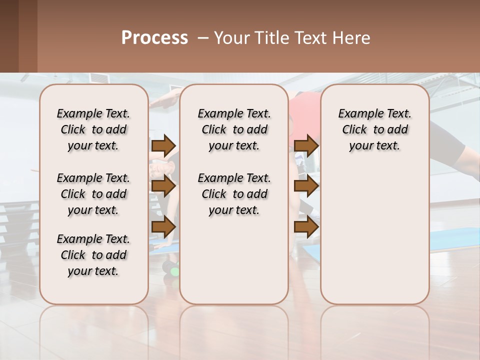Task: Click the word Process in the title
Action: point(154,38)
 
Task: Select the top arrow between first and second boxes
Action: point(163,145)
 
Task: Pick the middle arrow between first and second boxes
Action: point(163,186)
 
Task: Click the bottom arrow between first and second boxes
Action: point(163,226)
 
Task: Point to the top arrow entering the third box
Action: point(306,145)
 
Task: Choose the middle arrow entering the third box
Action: point(306,186)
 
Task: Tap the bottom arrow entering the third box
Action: point(306,226)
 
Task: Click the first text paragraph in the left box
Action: point(93,129)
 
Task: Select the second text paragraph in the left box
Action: point(93,194)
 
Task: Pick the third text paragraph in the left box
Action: point(93,255)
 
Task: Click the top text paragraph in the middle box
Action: point(234,129)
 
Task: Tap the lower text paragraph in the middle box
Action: point(234,194)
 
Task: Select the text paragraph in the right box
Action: point(374,129)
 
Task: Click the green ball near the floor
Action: point(174,271)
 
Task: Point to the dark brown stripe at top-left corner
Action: point(9,36)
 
